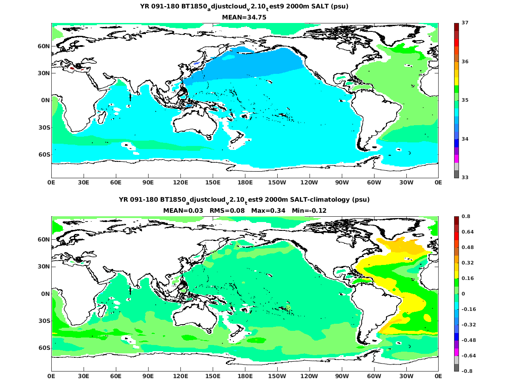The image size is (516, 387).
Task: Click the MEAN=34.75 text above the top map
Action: tap(244, 17)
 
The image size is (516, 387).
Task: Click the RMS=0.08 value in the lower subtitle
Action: tap(227, 211)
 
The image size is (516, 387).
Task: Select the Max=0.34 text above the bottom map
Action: tap(268, 211)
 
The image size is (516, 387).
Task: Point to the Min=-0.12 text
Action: tap(309, 211)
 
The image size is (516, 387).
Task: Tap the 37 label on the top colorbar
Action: tap(465, 23)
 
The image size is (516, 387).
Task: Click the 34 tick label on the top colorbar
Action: tap(465, 139)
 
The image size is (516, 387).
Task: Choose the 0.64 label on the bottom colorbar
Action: tap(468, 232)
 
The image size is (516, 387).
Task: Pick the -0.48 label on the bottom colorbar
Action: tap(469, 340)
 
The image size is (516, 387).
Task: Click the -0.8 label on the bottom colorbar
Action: tap(467, 371)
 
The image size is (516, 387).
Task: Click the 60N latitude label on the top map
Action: tap(44, 46)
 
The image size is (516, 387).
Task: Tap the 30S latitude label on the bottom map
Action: tap(44, 321)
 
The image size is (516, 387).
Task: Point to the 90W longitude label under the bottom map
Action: tap(342, 376)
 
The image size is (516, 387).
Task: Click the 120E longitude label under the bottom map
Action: tap(180, 376)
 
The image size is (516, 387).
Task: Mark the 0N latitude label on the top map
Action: tap(46, 100)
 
